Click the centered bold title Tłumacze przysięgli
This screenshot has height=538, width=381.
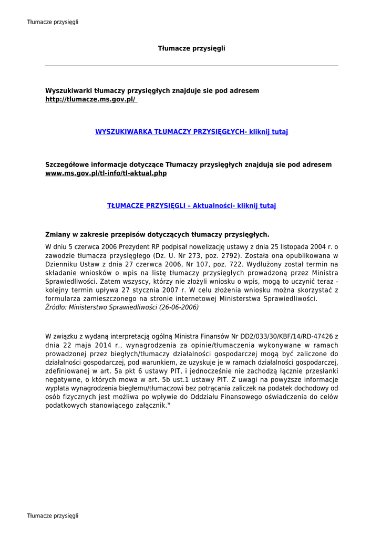click(x=191, y=48)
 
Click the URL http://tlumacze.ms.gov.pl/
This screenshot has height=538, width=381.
click(x=90, y=99)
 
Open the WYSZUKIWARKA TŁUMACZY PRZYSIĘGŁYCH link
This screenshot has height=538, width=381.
click(x=191, y=132)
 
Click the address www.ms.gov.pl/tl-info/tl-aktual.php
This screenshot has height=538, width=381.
click(x=106, y=173)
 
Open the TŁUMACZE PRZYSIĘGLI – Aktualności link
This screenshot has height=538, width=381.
click(x=191, y=205)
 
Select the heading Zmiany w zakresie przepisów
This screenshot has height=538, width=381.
click(x=157, y=234)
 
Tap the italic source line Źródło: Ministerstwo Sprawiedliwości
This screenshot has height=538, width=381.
click(x=122, y=307)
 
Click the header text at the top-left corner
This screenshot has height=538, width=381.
click(x=53, y=22)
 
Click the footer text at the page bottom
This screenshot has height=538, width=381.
click(x=53, y=516)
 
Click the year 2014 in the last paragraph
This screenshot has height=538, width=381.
click(x=101, y=345)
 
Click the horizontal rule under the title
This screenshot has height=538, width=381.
click(x=191, y=66)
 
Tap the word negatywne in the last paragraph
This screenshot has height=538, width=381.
click(x=62, y=379)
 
